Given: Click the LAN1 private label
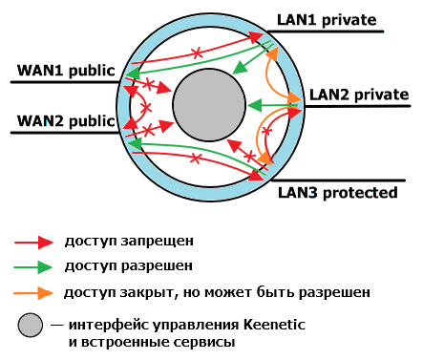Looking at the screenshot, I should [x=327, y=18].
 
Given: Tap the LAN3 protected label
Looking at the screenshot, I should [x=337, y=192].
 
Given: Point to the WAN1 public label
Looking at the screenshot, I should [x=65, y=71].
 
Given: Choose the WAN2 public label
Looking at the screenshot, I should [x=65, y=121].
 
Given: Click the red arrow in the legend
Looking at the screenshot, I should [x=33, y=242].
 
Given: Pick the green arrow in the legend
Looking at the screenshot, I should [x=33, y=266].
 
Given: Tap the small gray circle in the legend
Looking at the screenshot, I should [x=32, y=325].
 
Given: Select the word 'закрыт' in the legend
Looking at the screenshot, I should [x=140, y=289].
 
